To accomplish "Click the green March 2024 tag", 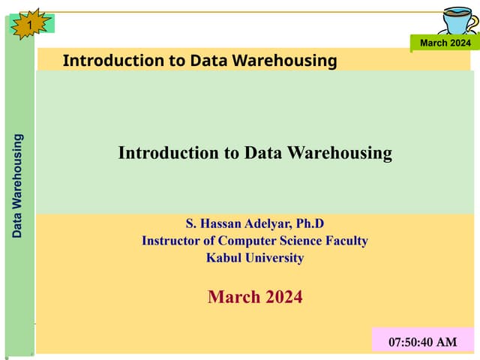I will (445, 43).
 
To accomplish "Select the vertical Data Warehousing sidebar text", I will (17, 185).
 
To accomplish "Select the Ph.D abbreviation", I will (310, 223).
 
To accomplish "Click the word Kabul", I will (223, 258).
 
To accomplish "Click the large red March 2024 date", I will (255, 297).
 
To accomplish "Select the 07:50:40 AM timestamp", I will (422, 342).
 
